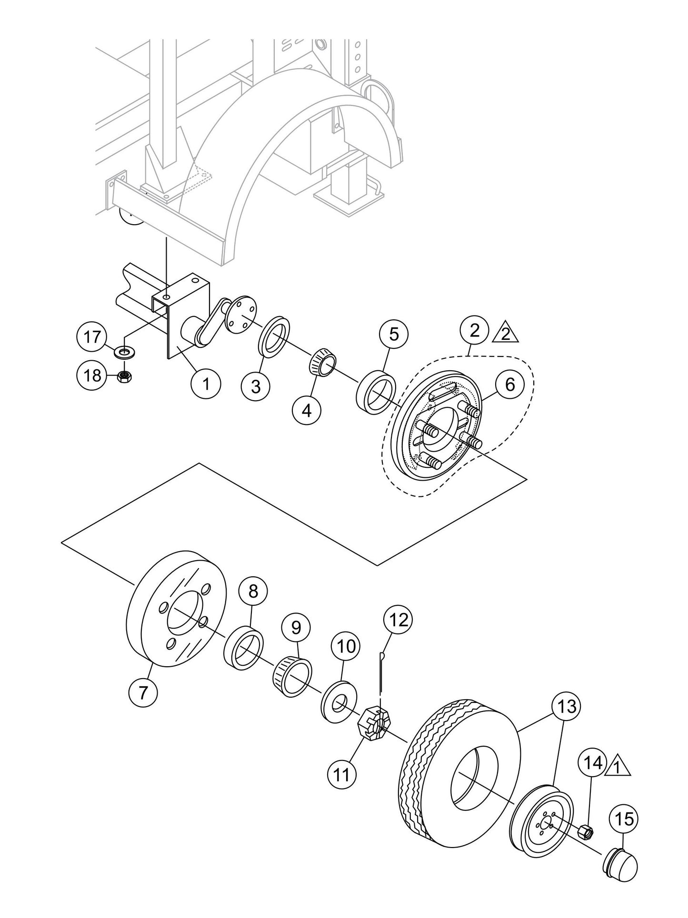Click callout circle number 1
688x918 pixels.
206,384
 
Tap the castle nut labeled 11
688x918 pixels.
373,723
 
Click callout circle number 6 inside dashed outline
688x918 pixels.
510,385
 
